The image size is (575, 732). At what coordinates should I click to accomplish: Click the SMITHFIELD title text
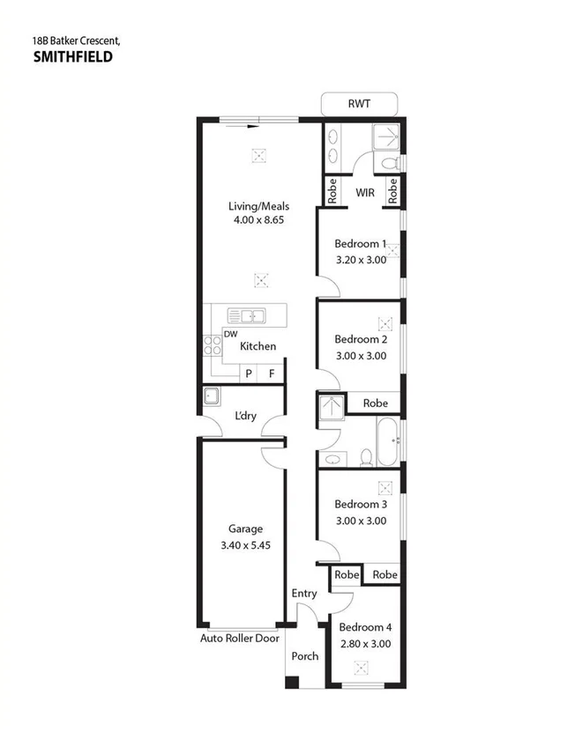coord(73,57)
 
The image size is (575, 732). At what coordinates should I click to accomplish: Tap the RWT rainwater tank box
coord(359,104)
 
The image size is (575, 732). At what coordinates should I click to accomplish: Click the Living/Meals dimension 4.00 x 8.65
coord(258,221)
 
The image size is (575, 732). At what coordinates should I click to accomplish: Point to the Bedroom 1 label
coord(360,244)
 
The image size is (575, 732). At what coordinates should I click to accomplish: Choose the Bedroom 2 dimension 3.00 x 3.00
coord(361,356)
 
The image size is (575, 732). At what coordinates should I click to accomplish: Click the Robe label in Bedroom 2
coord(375,403)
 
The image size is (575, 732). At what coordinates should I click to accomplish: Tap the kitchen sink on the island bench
coord(246,315)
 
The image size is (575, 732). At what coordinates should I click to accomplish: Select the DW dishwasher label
coord(230,335)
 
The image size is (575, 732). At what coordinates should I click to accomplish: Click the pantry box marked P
coord(250,373)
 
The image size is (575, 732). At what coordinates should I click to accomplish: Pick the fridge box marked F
coord(272,373)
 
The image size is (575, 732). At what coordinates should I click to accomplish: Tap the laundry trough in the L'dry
coord(212,396)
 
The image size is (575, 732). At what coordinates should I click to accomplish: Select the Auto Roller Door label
coord(239,638)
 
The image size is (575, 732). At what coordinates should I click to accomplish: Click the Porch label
coord(304,656)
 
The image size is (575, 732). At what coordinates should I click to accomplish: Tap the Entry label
coord(304,594)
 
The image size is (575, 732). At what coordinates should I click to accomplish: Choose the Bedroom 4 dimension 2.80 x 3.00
coord(364,644)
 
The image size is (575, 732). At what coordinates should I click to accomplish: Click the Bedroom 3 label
coord(360,505)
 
